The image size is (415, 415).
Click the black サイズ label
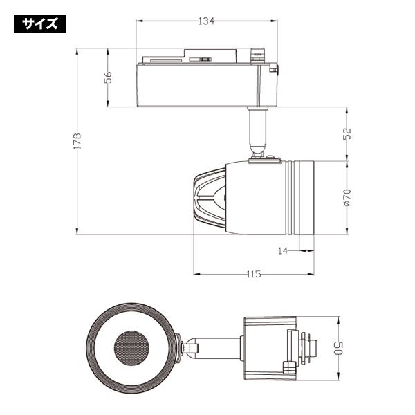click(x=40, y=24)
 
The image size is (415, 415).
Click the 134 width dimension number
click(x=206, y=21)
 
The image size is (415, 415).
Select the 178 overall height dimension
click(x=77, y=141)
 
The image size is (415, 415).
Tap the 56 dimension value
click(x=108, y=77)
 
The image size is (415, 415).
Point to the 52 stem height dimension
click(x=347, y=134)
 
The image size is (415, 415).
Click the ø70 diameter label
click(x=347, y=197)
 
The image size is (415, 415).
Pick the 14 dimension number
click(x=283, y=250)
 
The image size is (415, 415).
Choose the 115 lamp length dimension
click(x=254, y=274)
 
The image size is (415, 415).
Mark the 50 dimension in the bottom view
click(x=339, y=349)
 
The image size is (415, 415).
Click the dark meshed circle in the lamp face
click(x=131, y=348)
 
